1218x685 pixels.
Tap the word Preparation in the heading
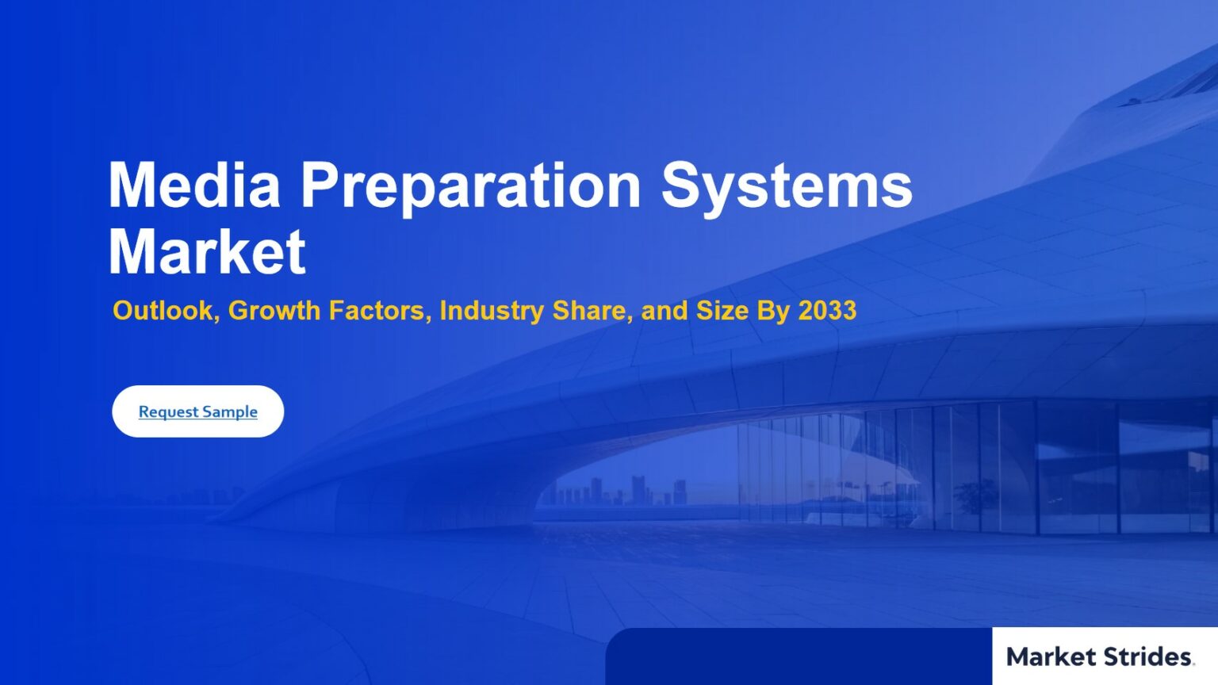(471, 188)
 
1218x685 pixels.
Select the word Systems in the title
(787, 188)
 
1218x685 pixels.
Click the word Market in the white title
(207, 251)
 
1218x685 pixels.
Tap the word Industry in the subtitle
(492, 311)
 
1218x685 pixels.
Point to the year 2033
(827, 311)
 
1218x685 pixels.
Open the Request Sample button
(198, 411)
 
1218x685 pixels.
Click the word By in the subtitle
(773, 311)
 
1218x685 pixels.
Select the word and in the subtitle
(665, 311)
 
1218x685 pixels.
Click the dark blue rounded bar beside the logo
(799, 656)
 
